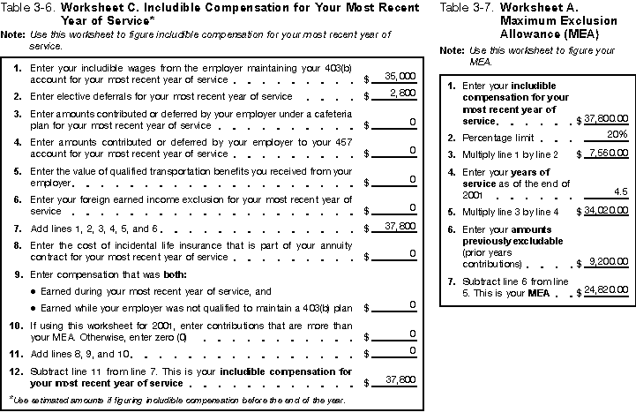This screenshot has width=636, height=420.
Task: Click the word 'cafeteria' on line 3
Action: pyautogui.click(x=328, y=115)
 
